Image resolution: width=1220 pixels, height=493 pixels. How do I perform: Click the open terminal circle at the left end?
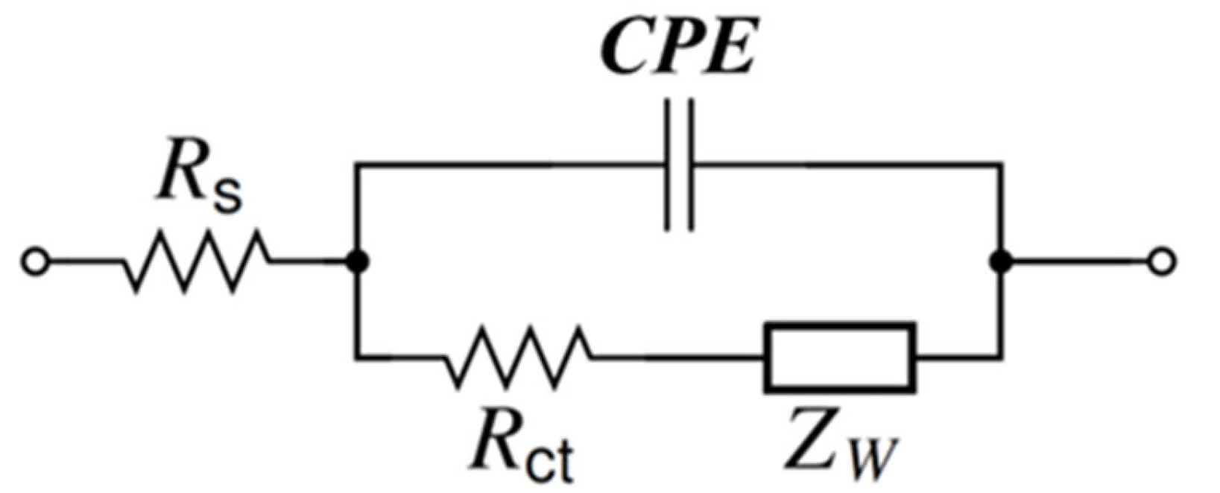tap(35, 262)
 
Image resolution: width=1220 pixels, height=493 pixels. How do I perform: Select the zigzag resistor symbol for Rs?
tap(195, 262)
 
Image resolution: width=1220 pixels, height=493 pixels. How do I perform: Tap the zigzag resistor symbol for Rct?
tap(519, 357)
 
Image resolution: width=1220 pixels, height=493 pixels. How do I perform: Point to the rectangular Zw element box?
tap(840, 357)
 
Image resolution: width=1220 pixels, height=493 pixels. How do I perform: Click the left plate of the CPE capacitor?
tap(669, 165)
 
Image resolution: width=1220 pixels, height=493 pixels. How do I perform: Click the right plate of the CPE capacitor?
tap(692, 165)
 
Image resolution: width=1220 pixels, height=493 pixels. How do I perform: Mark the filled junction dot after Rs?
tap(358, 262)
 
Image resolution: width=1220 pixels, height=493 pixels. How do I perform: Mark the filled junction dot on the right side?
tap(1000, 262)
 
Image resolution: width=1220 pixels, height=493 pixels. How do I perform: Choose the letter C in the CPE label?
tap(628, 51)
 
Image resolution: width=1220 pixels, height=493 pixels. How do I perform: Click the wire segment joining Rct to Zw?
tap(678, 358)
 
